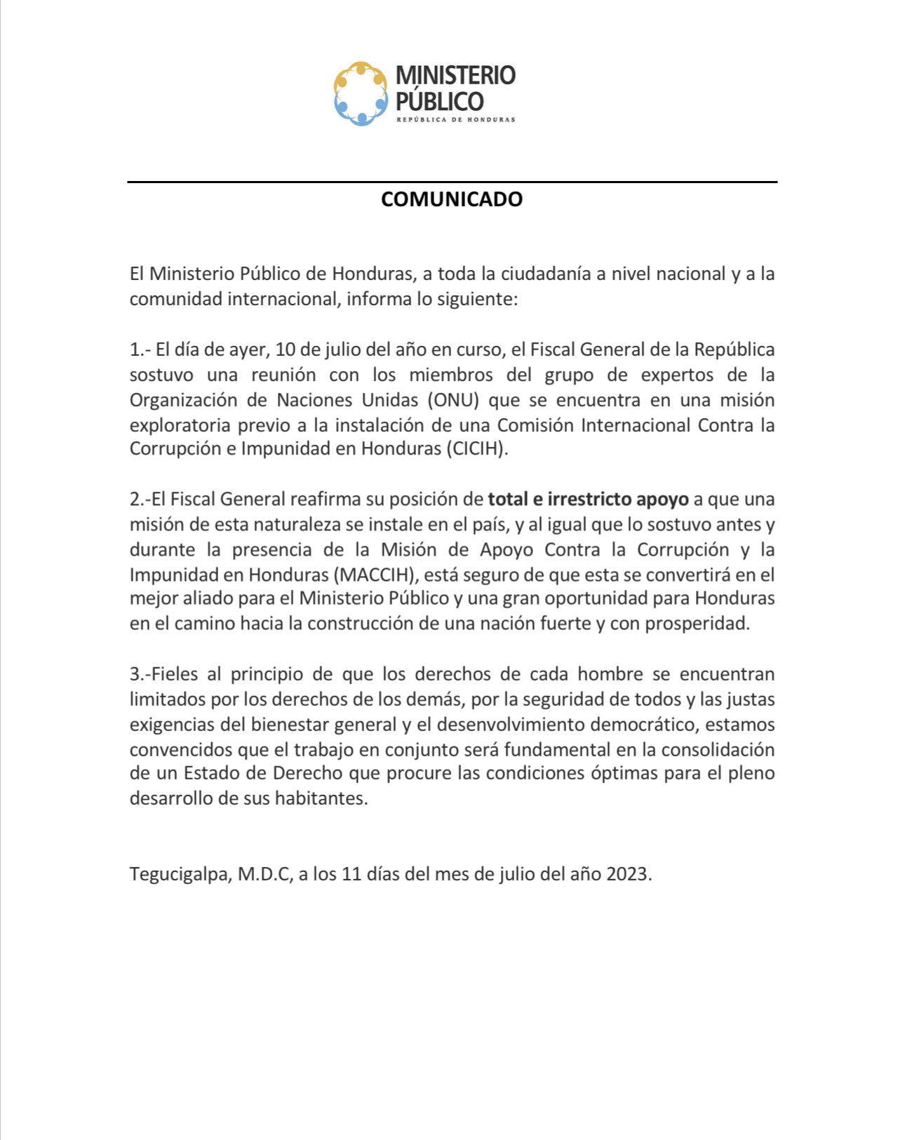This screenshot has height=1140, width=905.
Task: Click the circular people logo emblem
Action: [361, 93]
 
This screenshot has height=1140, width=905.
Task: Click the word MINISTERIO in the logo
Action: [455, 75]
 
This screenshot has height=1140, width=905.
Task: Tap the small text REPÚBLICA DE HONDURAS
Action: [455, 119]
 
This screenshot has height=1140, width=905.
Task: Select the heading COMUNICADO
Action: [452, 199]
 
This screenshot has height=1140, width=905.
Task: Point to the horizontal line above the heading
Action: [452, 182]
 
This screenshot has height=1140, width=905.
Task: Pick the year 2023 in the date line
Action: [628, 874]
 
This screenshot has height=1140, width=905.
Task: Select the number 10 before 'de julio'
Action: [285, 349]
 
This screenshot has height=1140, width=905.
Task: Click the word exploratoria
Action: [180, 425]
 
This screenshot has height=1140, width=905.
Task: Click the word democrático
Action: [637, 724]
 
